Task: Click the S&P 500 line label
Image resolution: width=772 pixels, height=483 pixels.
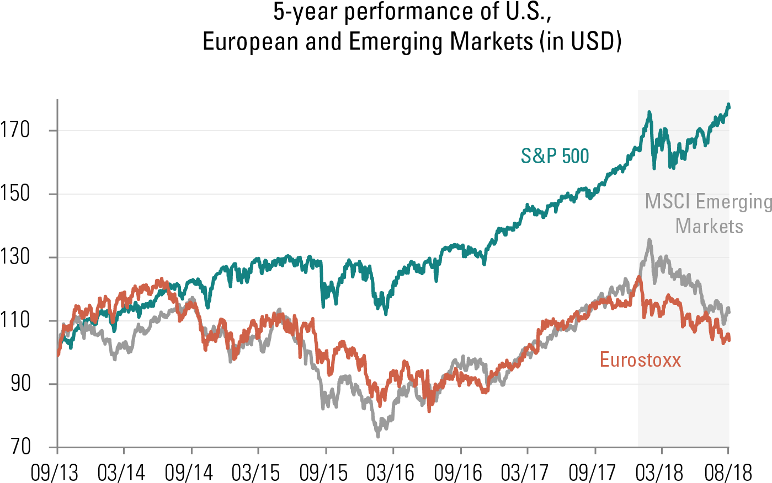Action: tap(555, 156)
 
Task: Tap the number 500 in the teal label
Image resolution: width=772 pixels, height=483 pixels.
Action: tap(575, 156)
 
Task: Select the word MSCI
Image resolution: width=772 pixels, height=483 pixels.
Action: tap(667, 201)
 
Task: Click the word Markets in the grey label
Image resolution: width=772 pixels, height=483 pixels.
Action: tap(709, 226)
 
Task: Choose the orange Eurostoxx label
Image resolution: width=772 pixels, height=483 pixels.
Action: tap(640, 359)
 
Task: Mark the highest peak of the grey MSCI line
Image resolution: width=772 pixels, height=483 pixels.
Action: tap(649, 240)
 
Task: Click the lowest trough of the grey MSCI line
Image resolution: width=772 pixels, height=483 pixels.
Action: tap(378, 437)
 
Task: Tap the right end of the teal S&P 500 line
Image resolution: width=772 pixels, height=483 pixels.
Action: tap(729, 104)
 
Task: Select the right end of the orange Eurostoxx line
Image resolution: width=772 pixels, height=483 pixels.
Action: tap(729, 340)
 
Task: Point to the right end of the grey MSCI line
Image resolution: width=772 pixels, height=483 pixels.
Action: tap(729, 310)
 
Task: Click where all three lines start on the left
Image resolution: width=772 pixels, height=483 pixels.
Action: tap(58, 355)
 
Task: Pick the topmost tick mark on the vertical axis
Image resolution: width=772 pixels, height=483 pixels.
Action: tap(53, 131)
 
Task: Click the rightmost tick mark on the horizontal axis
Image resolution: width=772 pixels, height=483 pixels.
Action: tap(728, 450)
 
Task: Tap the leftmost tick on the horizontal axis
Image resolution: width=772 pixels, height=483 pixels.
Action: tap(57, 450)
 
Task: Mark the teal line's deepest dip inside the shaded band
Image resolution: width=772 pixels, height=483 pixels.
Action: tap(654, 168)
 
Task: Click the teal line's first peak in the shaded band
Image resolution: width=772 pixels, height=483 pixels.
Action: tap(649, 112)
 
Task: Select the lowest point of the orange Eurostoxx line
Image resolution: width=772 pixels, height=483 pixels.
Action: tap(429, 411)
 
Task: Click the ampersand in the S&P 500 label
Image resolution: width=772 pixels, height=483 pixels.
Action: tap(539, 156)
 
